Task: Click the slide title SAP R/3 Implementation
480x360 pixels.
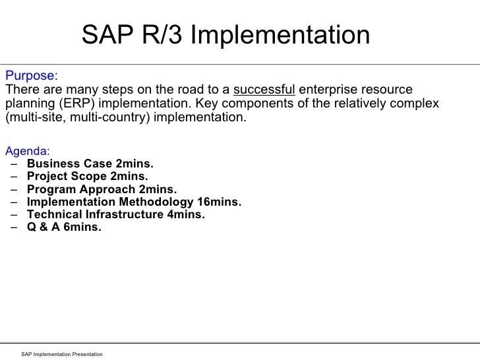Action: [225, 36]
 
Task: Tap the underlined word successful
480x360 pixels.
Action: [264, 89]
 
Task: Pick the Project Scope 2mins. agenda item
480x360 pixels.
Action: [88, 176]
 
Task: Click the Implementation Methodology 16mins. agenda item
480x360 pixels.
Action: [135, 202]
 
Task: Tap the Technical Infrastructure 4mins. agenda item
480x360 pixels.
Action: [116, 214]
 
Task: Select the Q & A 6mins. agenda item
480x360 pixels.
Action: [65, 227]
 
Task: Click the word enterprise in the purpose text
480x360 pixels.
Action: [330, 89]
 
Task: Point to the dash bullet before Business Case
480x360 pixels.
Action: [14, 164]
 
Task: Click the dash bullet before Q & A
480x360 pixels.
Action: [14, 227]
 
